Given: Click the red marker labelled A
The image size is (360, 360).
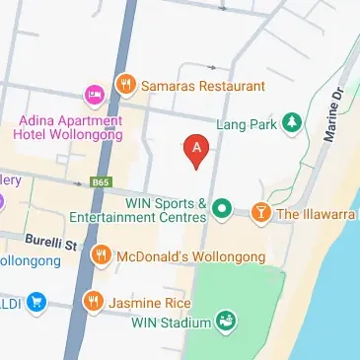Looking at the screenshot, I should pos(197,149).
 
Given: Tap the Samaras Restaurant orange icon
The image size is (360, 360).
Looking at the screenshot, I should pos(125,85).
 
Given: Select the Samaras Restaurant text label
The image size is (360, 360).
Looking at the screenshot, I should pos(204,86).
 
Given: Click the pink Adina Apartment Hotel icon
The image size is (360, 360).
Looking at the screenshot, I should pos(96,95).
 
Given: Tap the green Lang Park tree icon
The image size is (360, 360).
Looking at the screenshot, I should pos(291,122).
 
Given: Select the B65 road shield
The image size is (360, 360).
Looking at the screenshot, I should pos(99,182).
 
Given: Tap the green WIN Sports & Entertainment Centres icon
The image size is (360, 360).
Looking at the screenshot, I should pos(223,209).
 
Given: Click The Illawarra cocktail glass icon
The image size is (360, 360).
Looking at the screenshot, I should pos(259,211).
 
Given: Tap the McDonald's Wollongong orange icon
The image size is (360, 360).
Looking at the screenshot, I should pos(101,256).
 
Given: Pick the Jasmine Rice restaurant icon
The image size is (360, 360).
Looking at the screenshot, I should pos(93,301).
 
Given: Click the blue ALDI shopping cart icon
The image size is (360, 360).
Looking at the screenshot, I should pos(36,301).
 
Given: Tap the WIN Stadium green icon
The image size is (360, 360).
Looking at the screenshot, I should pos(226,322).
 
